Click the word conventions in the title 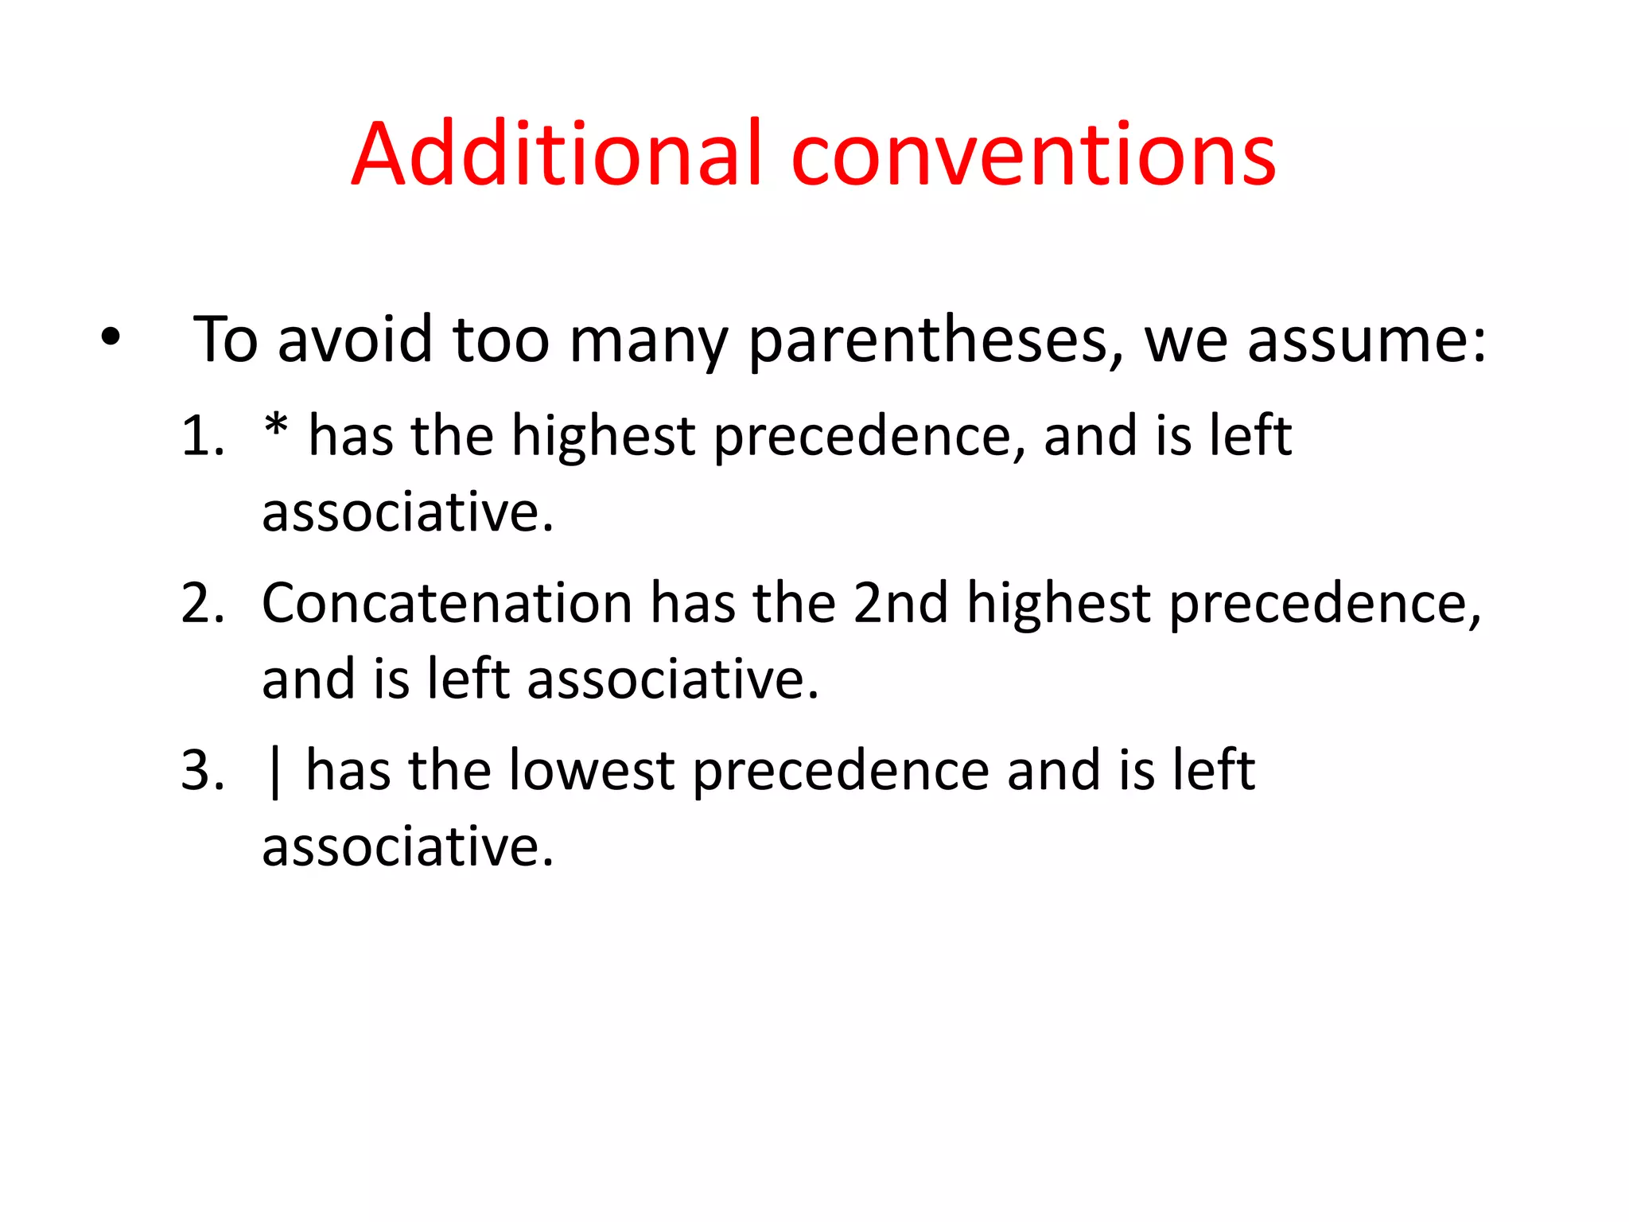pyautogui.click(x=1033, y=156)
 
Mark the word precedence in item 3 pyautogui.click(x=840, y=772)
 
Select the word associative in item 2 pyautogui.click(x=672, y=679)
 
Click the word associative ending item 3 pyautogui.click(x=407, y=846)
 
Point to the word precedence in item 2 pyautogui.click(x=1324, y=605)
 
